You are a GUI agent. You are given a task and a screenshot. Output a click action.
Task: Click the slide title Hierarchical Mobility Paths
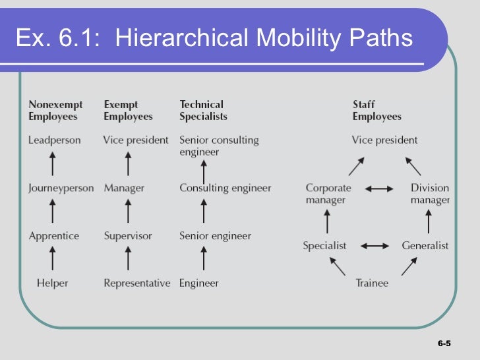point(214,39)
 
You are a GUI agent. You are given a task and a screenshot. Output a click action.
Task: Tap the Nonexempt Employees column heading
point(53,110)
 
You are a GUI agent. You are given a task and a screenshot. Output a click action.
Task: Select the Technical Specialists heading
point(203,110)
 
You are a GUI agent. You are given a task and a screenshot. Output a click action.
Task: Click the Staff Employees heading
point(376,110)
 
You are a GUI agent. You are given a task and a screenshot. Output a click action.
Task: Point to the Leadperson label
point(54,140)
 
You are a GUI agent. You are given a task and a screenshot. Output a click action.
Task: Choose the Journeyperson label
point(61,188)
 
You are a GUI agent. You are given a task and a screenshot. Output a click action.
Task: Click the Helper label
point(53,283)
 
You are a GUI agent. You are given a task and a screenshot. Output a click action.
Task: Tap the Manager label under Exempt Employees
point(124,188)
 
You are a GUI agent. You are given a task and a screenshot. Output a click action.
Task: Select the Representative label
point(136,283)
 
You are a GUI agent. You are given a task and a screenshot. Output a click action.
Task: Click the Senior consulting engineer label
point(219,146)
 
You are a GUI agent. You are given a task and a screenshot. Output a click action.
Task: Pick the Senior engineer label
point(215,235)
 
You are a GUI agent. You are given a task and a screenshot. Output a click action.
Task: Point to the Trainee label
point(372,283)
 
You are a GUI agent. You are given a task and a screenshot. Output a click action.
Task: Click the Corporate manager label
point(328,194)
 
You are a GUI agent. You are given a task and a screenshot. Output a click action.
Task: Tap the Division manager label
point(430,194)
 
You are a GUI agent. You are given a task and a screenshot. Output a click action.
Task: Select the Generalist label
point(425,245)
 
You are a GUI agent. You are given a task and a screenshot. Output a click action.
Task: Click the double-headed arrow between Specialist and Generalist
point(375,246)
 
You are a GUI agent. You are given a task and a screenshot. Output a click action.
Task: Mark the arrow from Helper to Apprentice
point(53,258)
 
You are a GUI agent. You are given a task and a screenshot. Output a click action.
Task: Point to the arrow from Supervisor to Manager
point(128,211)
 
